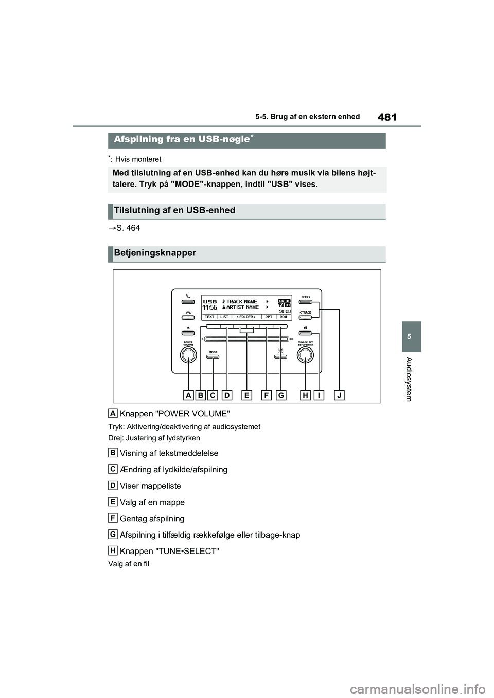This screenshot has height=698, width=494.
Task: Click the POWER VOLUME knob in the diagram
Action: tap(188, 355)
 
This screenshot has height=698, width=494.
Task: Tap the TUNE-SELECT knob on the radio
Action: tap(306, 355)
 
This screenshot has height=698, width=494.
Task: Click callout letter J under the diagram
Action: tap(339, 395)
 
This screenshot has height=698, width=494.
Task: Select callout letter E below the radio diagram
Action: tap(247, 395)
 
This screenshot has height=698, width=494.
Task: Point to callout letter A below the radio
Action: tap(188, 395)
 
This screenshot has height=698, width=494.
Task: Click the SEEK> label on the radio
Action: tap(306, 297)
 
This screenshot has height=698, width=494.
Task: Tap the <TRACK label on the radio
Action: tap(306, 313)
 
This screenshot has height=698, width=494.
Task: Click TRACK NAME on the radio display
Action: tap(242, 302)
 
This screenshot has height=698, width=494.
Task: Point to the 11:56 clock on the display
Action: tap(210, 307)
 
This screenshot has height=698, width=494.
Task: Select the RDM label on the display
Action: tap(283, 317)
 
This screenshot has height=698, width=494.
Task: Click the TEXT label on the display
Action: tap(210, 317)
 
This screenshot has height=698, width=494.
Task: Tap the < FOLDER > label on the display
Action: tap(246, 317)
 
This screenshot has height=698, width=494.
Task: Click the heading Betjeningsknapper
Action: tap(155, 253)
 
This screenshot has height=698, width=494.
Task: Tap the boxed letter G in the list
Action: tap(112, 535)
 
